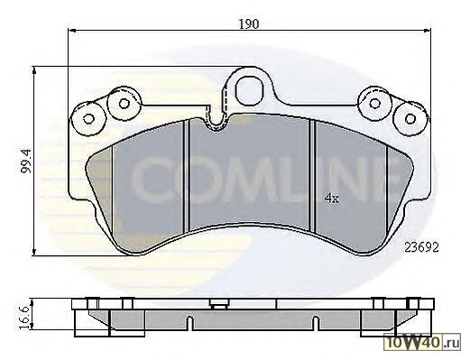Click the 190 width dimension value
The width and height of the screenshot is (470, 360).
point(249,23)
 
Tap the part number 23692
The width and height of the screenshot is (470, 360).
point(421,247)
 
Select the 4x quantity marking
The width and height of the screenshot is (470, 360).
point(332,198)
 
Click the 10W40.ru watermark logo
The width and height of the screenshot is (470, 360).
point(422,343)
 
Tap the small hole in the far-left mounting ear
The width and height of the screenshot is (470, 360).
point(88,119)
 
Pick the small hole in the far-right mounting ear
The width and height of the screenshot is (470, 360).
point(410,118)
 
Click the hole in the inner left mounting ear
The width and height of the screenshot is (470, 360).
point(124,103)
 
